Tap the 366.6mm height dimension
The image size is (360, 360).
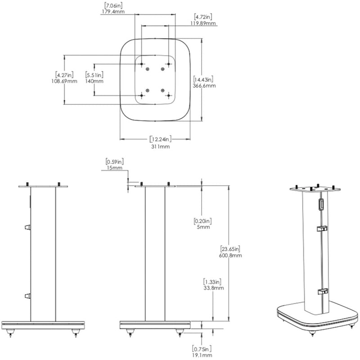[x=204, y=85]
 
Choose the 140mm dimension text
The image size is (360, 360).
[x=94, y=81]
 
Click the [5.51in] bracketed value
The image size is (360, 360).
[x=94, y=75]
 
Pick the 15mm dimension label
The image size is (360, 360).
[x=114, y=168]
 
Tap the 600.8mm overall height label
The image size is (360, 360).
[x=231, y=255]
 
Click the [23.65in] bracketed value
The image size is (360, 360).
[x=231, y=248]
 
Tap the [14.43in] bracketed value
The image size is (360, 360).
[x=204, y=79]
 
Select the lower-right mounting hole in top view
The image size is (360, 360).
[x=168, y=94]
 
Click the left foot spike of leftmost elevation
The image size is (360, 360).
[x=12, y=334]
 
